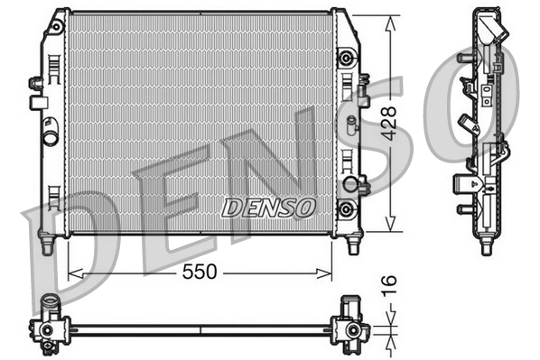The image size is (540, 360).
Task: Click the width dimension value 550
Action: (200, 272)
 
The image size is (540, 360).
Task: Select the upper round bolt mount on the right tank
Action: (343, 59)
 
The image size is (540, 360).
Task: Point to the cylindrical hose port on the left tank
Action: (51, 140)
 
